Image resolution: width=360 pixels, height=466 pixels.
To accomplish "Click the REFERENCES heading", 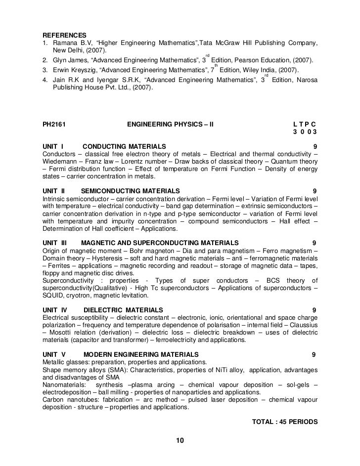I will click(65, 35).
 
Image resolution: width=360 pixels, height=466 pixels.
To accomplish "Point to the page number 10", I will click(180, 440).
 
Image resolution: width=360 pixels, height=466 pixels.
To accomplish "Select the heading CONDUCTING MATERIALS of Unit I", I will click(124, 147).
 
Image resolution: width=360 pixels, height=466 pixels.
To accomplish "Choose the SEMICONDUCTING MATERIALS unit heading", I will click(130, 191).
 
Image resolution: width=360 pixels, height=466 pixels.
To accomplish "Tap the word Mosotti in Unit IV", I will click(61, 332).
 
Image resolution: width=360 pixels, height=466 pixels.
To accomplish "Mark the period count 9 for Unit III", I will click(315, 243).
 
